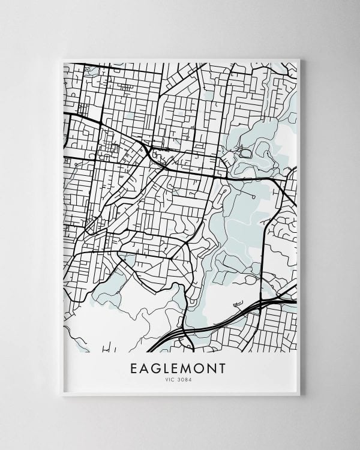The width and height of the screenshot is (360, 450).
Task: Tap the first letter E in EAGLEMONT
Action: point(134,368)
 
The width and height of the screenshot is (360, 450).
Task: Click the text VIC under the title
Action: point(171,379)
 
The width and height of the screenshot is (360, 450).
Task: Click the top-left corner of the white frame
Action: point(62,59)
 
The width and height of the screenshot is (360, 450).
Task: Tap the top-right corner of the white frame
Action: point(299,59)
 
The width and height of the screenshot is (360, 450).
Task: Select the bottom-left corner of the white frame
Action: point(62,395)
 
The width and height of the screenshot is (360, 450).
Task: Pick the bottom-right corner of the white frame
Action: point(299,395)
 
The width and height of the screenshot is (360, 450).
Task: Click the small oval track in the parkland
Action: point(245,154)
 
